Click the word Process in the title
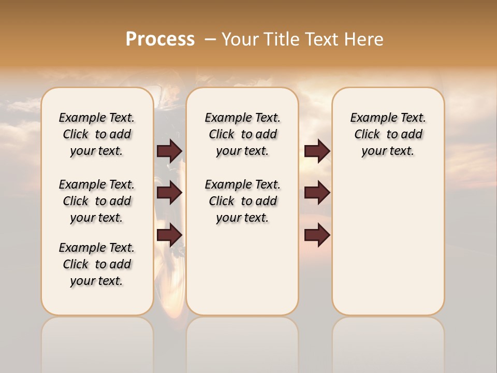(x=160, y=39)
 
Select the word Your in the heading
(x=241, y=39)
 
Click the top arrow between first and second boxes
(x=170, y=151)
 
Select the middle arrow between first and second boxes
(x=170, y=193)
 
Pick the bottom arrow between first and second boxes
(x=170, y=235)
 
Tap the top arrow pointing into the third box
(x=317, y=151)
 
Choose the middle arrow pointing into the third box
(x=317, y=193)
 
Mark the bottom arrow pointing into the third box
(x=317, y=235)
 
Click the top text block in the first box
(x=97, y=134)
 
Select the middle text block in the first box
(x=97, y=201)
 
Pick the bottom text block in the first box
(x=97, y=264)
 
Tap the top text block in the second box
(x=242, y=134)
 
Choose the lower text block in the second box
(x=242, y=201)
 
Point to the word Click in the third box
(x=367, y=135)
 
